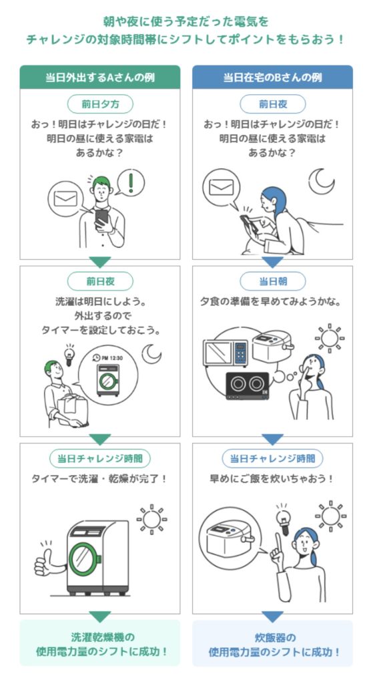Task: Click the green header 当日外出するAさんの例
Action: tap(100, 77)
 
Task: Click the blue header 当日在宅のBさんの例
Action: tap(272, 77)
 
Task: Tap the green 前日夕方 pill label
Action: tap(100, 104)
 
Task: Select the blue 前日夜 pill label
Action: tap(273, 104)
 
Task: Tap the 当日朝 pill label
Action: tap(273, 281)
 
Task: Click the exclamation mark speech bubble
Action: tap(131, 182)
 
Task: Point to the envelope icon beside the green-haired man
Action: tap(65, 198)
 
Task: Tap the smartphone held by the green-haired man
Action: tap(101, 216)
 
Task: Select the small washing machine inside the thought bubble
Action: tap(108, 380)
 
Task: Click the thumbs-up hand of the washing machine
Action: tap(48, 562)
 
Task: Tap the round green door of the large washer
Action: tap(84, 558)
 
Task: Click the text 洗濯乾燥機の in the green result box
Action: tap(100, 637)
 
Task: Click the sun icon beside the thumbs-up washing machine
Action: tap(151, 520)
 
